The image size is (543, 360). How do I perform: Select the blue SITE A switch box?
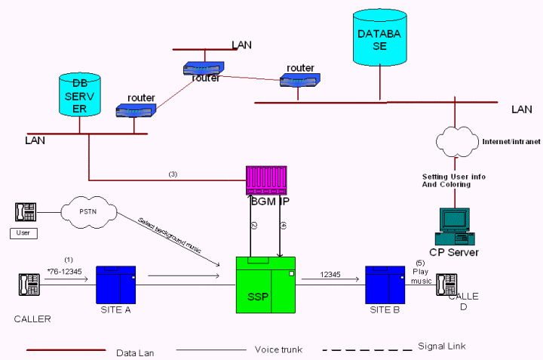coord(116,285)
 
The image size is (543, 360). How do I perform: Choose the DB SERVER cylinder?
coord(79,94)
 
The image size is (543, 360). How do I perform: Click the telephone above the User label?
coord(23,212)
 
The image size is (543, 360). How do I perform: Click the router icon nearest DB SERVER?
coord(135,111)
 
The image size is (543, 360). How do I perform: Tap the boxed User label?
coord(23,233)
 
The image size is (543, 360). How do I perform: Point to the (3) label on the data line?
coord(173,174)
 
